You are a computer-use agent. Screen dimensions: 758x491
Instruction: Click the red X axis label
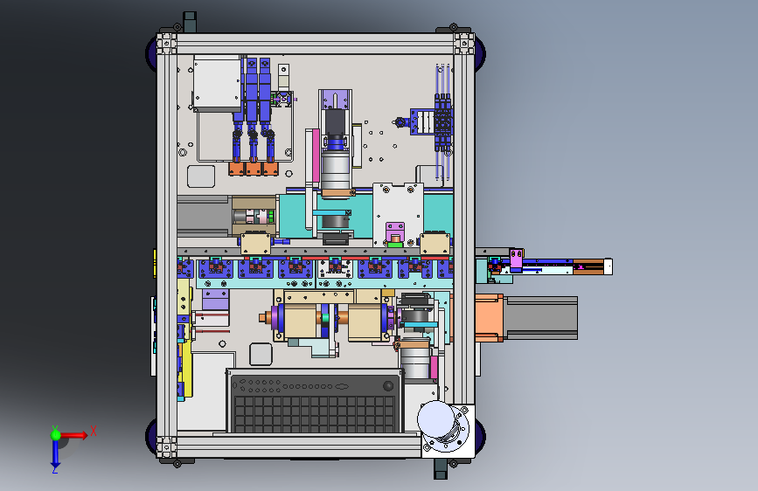tap(94, 431)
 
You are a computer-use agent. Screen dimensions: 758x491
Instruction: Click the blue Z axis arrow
tap(55, 453)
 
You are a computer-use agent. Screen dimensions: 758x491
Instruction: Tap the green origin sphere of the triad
tap(56, 435)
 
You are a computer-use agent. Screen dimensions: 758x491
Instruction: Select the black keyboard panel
tap(315, 401)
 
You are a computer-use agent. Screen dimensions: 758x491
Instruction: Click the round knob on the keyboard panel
tap(388, 385)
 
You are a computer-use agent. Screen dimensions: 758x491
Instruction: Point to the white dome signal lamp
tap(436, 418)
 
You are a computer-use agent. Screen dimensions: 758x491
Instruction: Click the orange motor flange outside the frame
tap(490, 318)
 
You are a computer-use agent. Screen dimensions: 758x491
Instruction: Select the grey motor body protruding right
tap(541, 318)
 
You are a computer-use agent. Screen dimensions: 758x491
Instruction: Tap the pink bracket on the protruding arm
tap(516, 260)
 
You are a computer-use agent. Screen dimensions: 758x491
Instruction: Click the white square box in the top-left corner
tap(217, 83)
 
